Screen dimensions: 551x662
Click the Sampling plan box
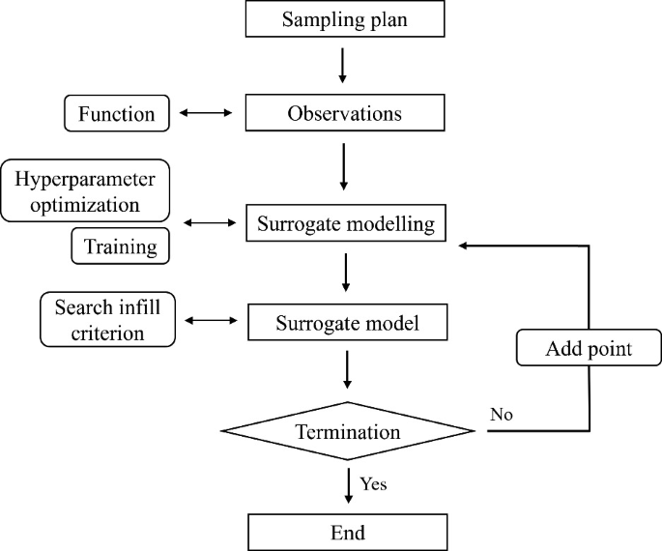345,19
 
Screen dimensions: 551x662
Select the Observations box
345,113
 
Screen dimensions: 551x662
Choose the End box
348,532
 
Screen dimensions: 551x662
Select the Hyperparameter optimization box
84,191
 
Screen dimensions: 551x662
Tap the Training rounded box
120,246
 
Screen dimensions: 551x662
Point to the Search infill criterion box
108,320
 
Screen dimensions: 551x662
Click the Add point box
589,348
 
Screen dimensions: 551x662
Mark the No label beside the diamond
502,415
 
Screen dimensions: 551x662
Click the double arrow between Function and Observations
208,114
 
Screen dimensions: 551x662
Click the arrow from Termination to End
346,483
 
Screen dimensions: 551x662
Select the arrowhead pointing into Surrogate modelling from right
465,246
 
